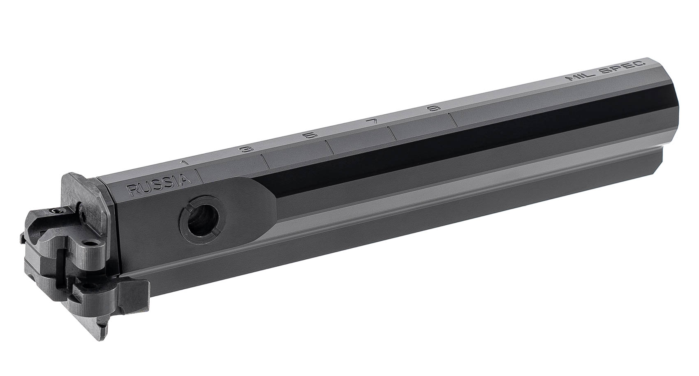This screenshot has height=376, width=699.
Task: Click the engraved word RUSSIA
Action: point(159,185)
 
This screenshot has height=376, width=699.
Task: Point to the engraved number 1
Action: point(185,162)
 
